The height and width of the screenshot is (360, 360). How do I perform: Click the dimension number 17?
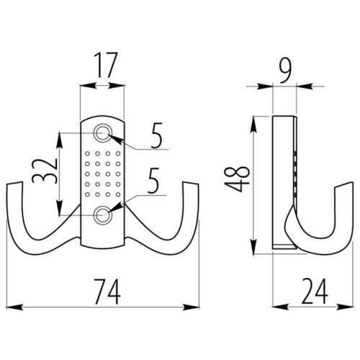click(105, 66)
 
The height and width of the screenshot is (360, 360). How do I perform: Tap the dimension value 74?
click(107, 292)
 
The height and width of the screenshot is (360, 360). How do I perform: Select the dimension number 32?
click(45, 171)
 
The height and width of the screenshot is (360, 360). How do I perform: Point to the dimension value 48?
click(237, 179)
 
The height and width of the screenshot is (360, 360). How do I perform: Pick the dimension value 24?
click(315, 291)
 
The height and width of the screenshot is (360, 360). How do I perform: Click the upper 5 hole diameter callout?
click(156, 135)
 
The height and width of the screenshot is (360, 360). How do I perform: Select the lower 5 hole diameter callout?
click(153, 181)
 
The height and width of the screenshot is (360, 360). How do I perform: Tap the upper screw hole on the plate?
click(103, 132)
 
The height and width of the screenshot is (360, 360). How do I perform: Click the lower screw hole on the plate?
click(103, 215)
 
